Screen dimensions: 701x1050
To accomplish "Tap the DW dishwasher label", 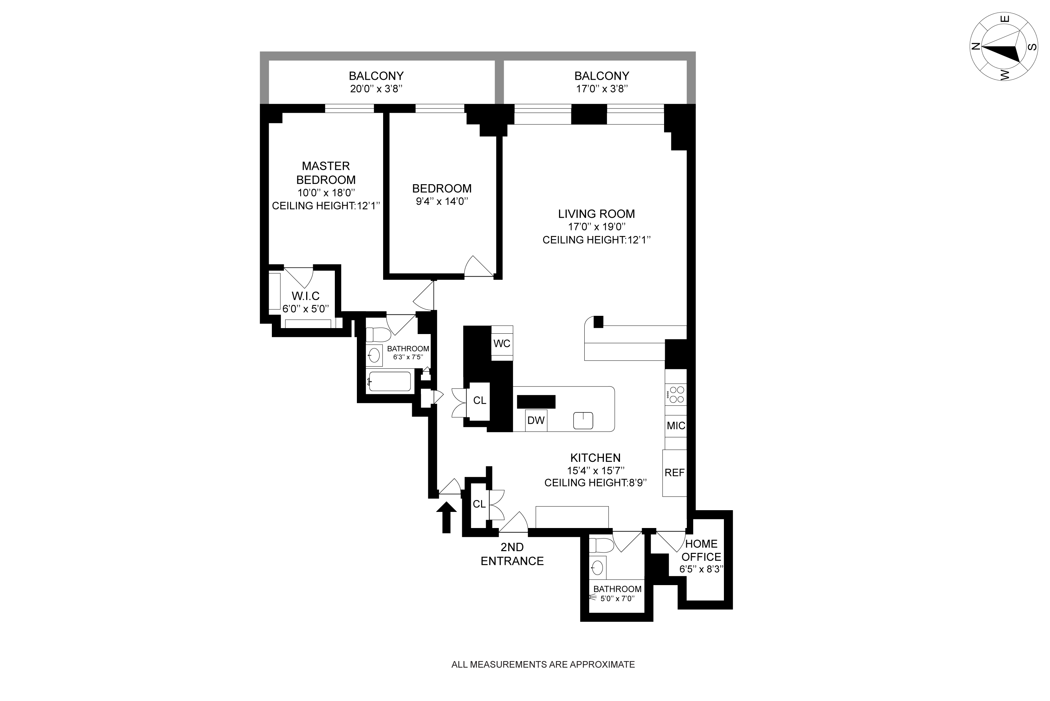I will [x=536, y=420].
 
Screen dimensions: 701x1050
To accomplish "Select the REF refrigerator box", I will [x=674, y=473].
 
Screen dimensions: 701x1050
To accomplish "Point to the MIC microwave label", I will [x=676, y=426].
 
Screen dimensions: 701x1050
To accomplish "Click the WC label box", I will [x=502, y=343].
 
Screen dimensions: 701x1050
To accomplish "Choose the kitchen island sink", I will [x=583, y=420].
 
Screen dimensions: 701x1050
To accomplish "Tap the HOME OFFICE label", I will [x=701, y=550].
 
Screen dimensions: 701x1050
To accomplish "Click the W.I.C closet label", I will [x=305, y=296].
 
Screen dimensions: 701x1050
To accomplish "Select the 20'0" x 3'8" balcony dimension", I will [x=376, y=89].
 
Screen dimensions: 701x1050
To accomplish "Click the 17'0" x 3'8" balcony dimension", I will [x=601, y=89].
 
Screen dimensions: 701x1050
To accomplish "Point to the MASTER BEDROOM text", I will [x=326, y=173].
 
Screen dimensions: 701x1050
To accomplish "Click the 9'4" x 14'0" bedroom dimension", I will [x=442, y=202].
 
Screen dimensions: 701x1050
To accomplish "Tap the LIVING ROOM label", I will [x=596, y=214].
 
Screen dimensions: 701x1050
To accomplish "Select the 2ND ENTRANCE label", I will [x=512, y=554].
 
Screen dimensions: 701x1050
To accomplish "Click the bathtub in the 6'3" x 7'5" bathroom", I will [x=389, y=381].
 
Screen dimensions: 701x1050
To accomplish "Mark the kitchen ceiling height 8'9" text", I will [x=596, y=483].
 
